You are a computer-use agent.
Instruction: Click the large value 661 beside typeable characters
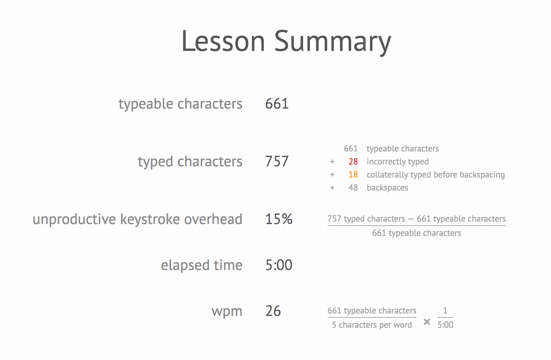[277, 104]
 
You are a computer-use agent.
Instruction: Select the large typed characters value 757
[277, 161]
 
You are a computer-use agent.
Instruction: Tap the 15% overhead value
[279, 219]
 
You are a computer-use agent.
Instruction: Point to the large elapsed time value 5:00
[279, 265]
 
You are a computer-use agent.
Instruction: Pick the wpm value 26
[273, 311]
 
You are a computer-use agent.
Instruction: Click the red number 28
[353, 162]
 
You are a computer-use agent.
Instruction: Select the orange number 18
[353, 175]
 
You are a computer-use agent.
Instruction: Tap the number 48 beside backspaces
[353, 188]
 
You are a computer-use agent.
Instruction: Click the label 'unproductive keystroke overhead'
[137, 219]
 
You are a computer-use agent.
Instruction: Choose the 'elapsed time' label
[201, 265]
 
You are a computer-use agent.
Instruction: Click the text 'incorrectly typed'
[397, 162]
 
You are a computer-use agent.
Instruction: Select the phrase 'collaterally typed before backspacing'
[436, 175]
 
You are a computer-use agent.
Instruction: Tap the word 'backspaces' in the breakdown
[387, 188]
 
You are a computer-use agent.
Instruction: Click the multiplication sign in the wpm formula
[427, 322]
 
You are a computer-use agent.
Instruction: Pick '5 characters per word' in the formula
[372, 325]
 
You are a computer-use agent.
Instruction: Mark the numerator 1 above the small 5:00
[445, 310]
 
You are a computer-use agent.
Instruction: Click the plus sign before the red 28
[332, 162]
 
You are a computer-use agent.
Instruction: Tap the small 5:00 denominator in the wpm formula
[445, 325]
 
